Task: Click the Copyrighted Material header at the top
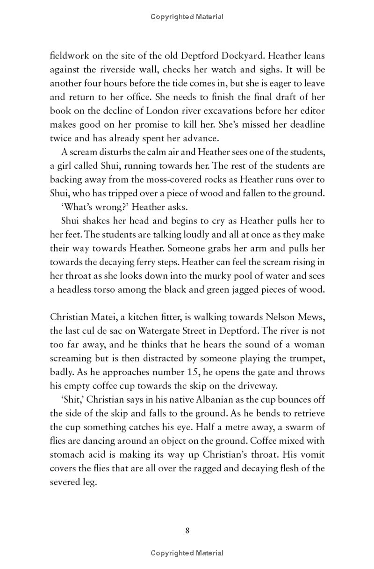pos(187,17)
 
